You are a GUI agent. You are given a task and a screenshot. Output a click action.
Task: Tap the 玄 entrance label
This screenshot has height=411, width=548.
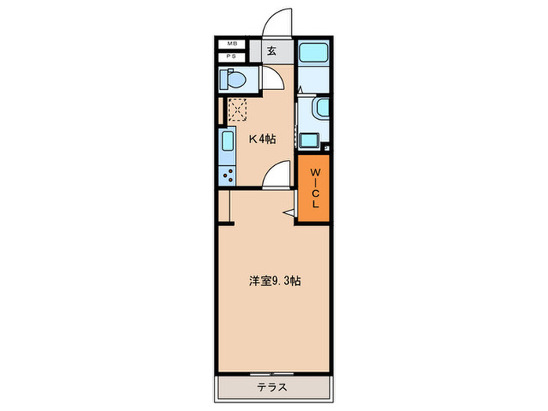pyautogui.click(x=271, y=52)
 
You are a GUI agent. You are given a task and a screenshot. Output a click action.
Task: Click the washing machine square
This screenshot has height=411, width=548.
pyautogui.click(x=308, y=140)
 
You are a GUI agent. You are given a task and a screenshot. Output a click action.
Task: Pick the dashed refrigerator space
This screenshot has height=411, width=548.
pyautogui.click(x=236, y=110)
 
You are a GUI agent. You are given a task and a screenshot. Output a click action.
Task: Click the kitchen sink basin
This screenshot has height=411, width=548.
pyautogui.click(x=227, y=144)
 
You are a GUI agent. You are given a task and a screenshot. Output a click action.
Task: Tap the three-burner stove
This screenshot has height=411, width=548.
pyautogui.click(x=227, y=175)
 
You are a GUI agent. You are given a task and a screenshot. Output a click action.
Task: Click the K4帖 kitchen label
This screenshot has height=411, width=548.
pyautogui.click(x=261, y=139)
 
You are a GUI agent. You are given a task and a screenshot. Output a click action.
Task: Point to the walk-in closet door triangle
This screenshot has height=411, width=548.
pyautogui.click(x=289, y=211)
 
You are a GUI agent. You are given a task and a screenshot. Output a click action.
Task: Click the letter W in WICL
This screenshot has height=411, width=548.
pyautogui.click(x=315, y=172)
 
